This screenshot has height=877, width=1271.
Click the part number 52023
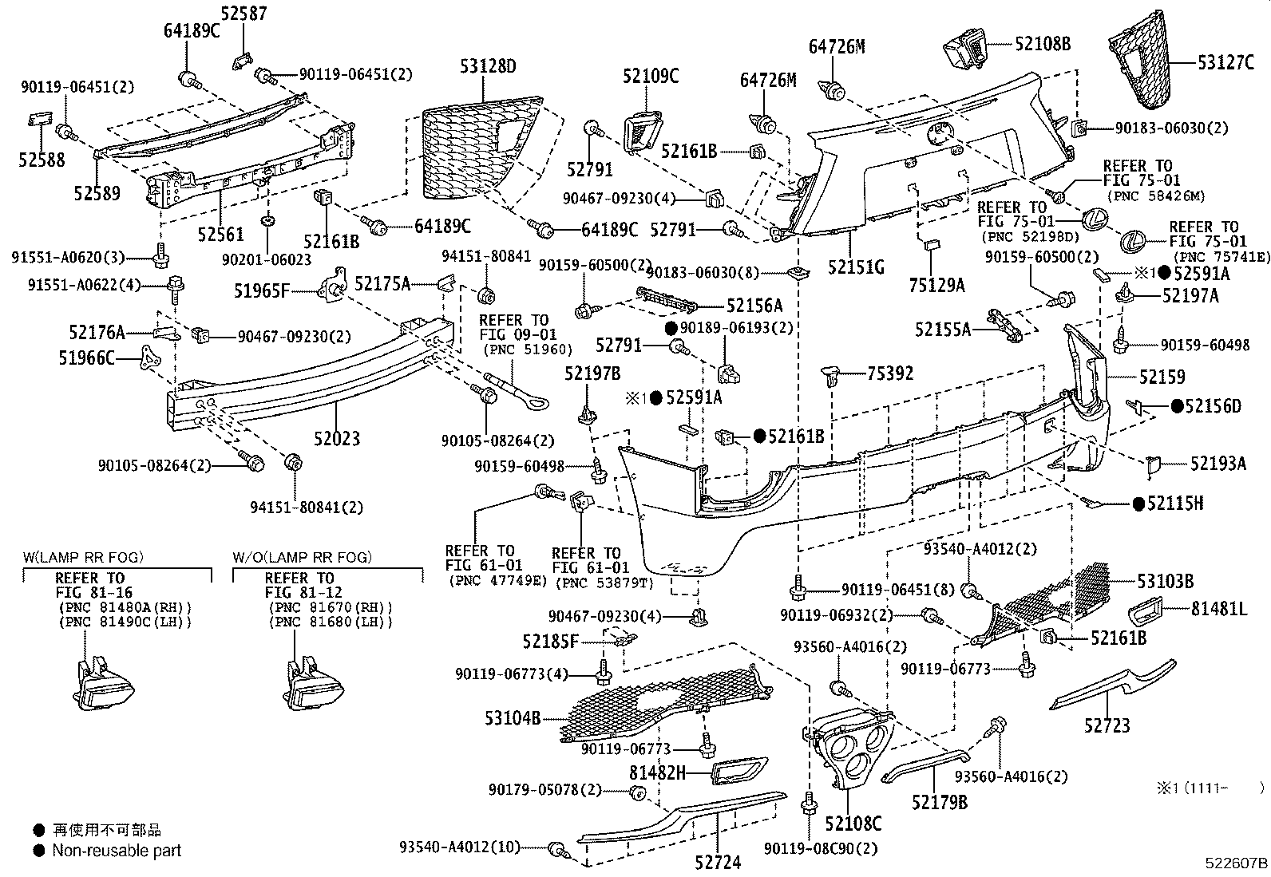[x=336, y=437]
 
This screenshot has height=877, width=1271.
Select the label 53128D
[x=488, y=66]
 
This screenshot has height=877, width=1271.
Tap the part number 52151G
[x=856, y=267]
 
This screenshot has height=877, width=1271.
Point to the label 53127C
[x=1225, y=61]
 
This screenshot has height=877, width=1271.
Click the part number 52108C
[x=853, y=824]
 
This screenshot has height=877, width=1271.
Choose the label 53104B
[x=513, y=718]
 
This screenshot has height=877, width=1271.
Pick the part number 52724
[x=717, y=861]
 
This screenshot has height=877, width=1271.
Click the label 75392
[x=890, y=373]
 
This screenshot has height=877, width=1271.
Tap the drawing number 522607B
[x=1236, y=863]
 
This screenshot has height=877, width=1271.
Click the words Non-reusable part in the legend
[x=117, y=851]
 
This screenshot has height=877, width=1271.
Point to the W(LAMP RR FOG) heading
[x=83, y=558]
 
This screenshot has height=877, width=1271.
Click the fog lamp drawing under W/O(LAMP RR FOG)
[x=307, y=682]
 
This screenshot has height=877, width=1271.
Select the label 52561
[x=220, y=233]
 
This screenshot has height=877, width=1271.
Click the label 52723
[x=1107, y=725]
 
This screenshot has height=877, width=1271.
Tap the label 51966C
[x=87, y=359]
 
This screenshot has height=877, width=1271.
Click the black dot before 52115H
[x=1138, y=503]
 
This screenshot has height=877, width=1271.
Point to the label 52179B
[x=940, y=801]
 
